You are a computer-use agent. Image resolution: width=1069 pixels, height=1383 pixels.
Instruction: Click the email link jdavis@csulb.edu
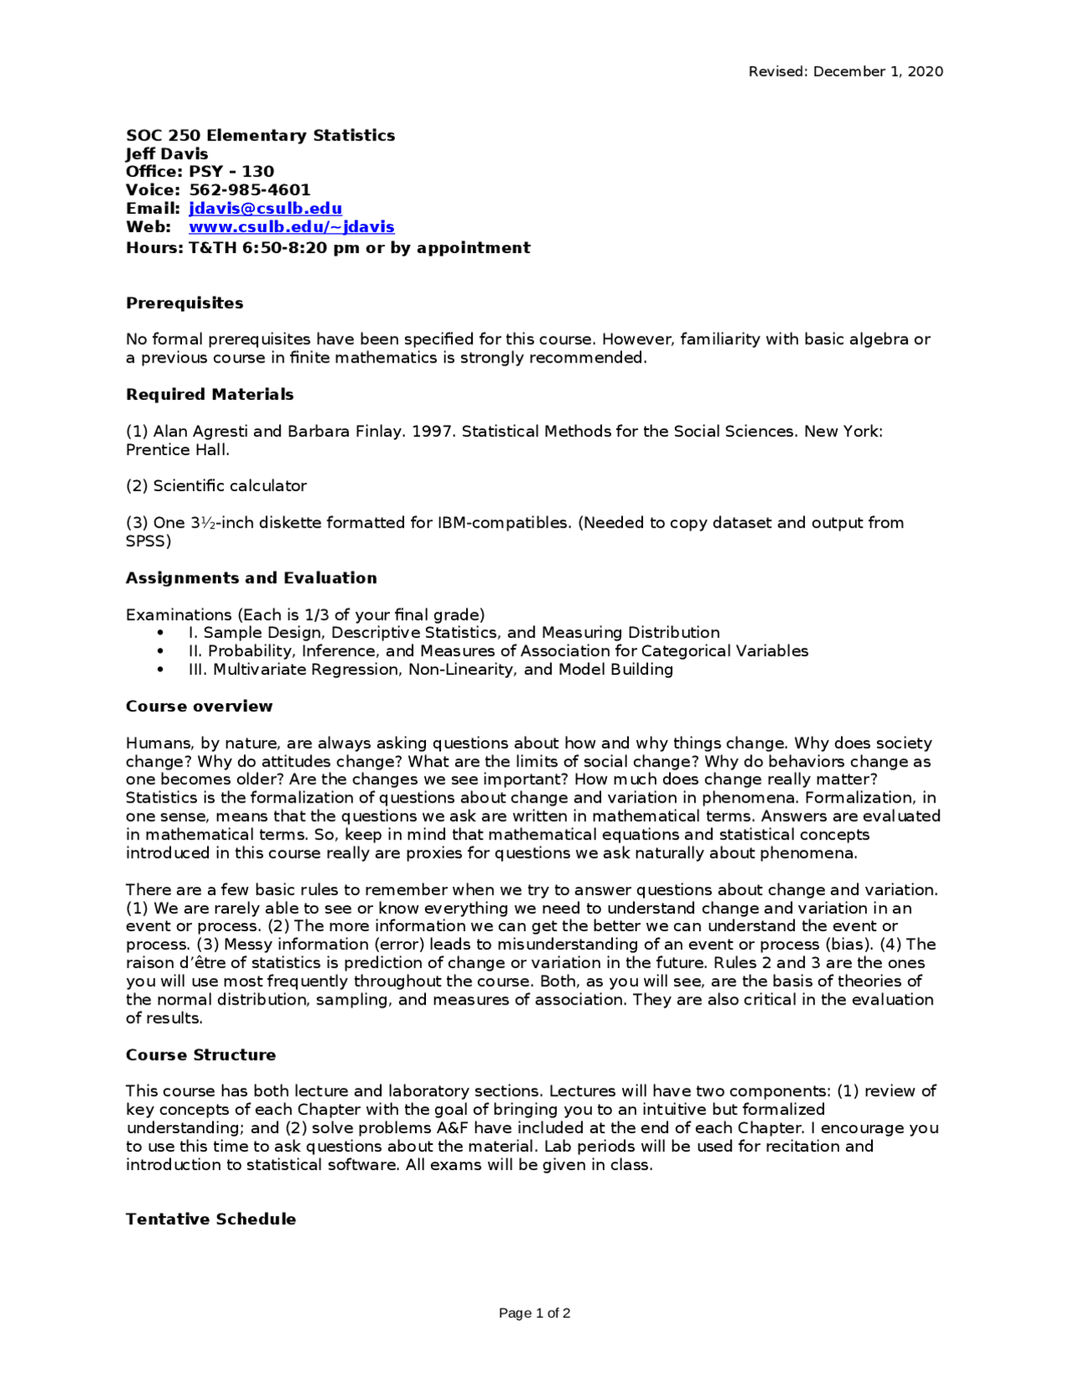(265, 208)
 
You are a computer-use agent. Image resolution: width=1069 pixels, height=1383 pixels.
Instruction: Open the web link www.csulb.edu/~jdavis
(291, 226)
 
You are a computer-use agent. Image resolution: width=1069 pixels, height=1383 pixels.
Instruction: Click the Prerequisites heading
(185, 303)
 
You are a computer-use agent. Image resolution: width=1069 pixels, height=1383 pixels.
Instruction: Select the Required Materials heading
(210, 394)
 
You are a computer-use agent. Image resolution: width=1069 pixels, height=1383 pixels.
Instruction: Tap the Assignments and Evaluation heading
(251, 578)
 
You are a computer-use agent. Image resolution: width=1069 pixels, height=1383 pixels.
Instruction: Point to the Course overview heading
(199, 707)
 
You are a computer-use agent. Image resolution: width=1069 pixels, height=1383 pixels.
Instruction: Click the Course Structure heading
(200, 1055)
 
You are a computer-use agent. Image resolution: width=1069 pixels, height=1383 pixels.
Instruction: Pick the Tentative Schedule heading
(210, 1219)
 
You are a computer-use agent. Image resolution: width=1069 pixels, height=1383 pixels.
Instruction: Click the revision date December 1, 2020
(878, 72)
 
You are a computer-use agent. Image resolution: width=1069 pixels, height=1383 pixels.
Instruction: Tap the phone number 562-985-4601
(250, 190)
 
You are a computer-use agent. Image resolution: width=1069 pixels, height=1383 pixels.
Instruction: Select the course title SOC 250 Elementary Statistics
(261, 135)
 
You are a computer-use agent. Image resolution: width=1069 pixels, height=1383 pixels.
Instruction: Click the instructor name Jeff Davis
(167, 154)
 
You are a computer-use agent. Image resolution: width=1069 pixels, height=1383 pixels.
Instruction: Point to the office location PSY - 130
(231, 171)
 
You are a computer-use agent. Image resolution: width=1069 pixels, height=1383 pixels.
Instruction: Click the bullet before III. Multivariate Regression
(160, 670)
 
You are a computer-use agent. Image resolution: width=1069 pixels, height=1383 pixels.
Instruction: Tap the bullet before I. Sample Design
(160, 633)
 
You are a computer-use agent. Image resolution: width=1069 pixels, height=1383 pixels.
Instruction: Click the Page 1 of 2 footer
(534, 1313)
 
